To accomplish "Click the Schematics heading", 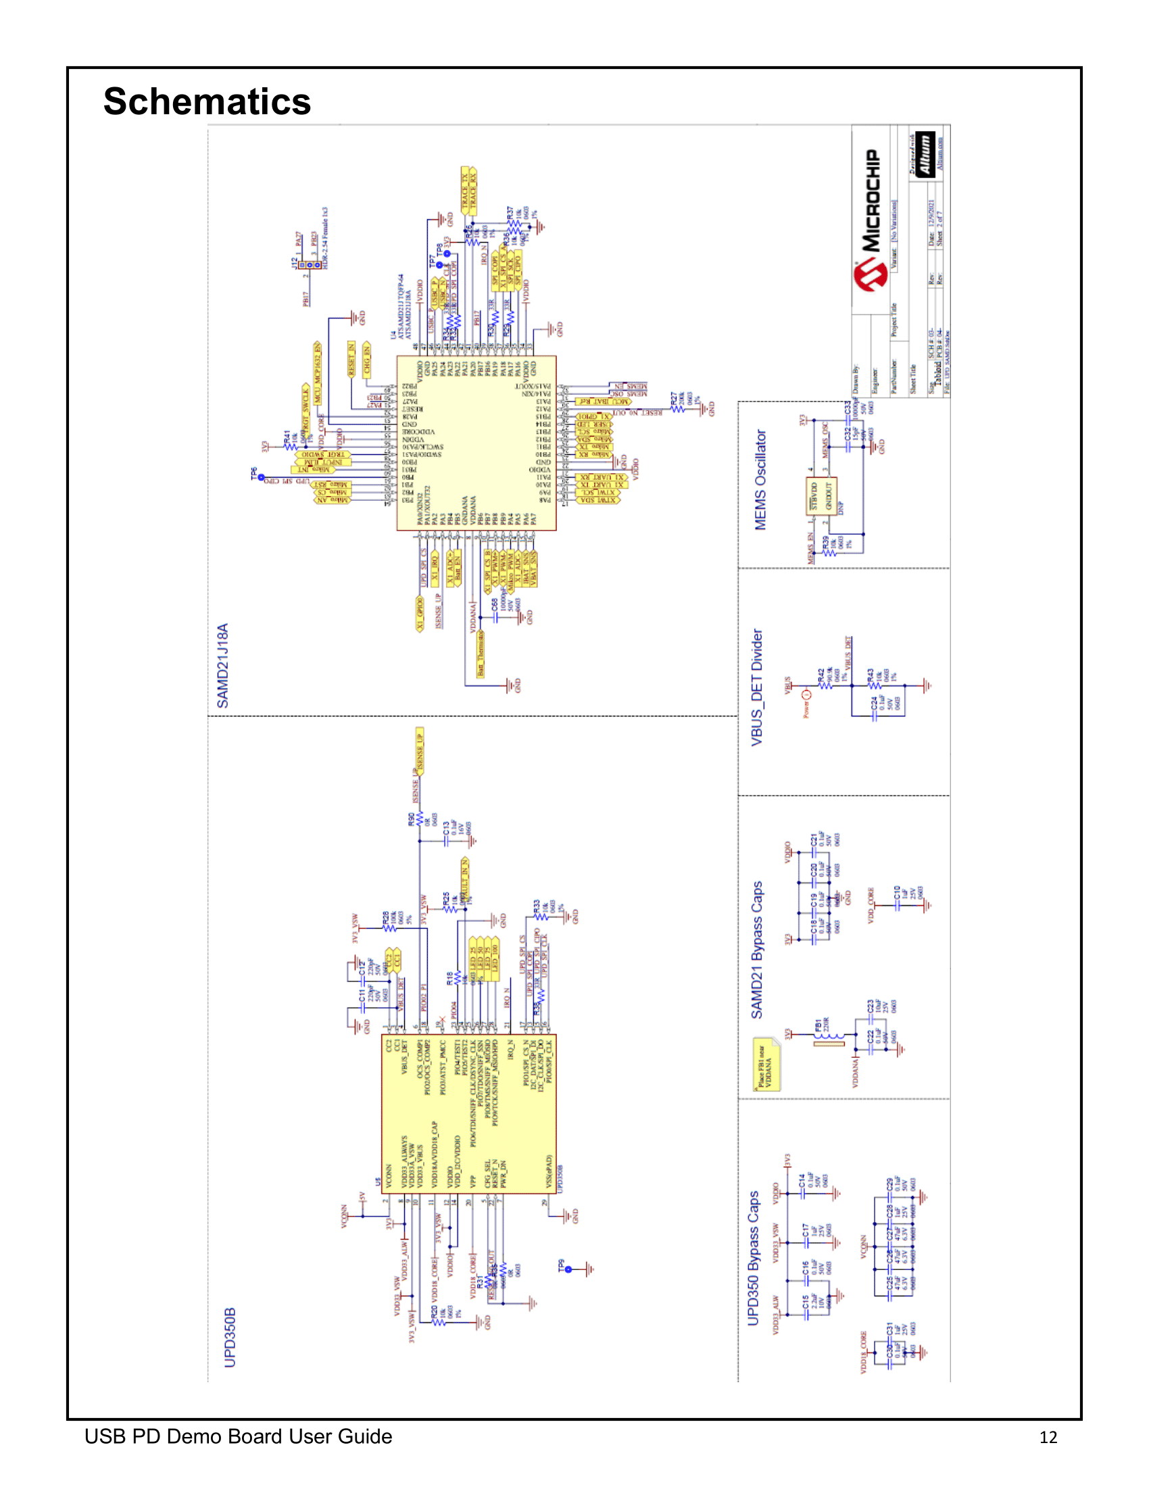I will (x=207, y=102).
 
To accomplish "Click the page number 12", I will (x=1048, y=1437).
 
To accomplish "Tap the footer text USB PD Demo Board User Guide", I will (x=238, y=1436).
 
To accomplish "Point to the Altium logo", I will (x=925, y=155).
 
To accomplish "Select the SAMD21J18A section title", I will (x=222, y=665).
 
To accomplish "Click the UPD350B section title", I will (x=230, y=1336).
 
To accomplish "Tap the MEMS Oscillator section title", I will (x=760, y=479).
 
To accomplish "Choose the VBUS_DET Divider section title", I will (x=757, y=687).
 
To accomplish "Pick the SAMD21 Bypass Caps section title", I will (x=757, y=950).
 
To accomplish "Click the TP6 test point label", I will (x=254, y=474).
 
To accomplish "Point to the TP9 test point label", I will (x=562, y=1265).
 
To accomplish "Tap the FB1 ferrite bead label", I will (x=818, y=1025).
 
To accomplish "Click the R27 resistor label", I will (x=674, y=398).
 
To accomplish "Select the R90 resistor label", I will (x=411, y=819).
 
